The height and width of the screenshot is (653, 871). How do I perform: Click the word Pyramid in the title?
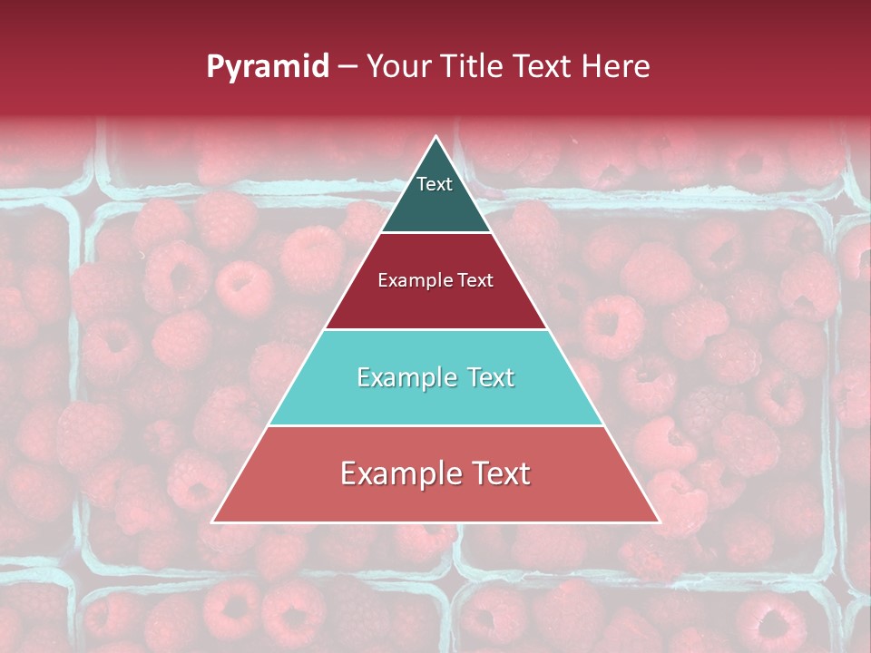pyautogui.click(x=267, y=67)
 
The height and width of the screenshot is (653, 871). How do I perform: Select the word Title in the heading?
pyautogui.click(x=476, y=66)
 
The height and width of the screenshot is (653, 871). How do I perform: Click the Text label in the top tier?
pyautogui.click(x=435, y=184)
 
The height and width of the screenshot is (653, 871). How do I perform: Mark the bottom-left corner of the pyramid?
pyautogui.click(x=212, y=522)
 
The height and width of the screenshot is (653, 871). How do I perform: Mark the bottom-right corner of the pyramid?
pyautogui.click(x=660, y=522)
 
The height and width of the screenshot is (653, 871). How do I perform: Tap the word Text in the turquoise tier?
pyautogui.click(x=491, y=377)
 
